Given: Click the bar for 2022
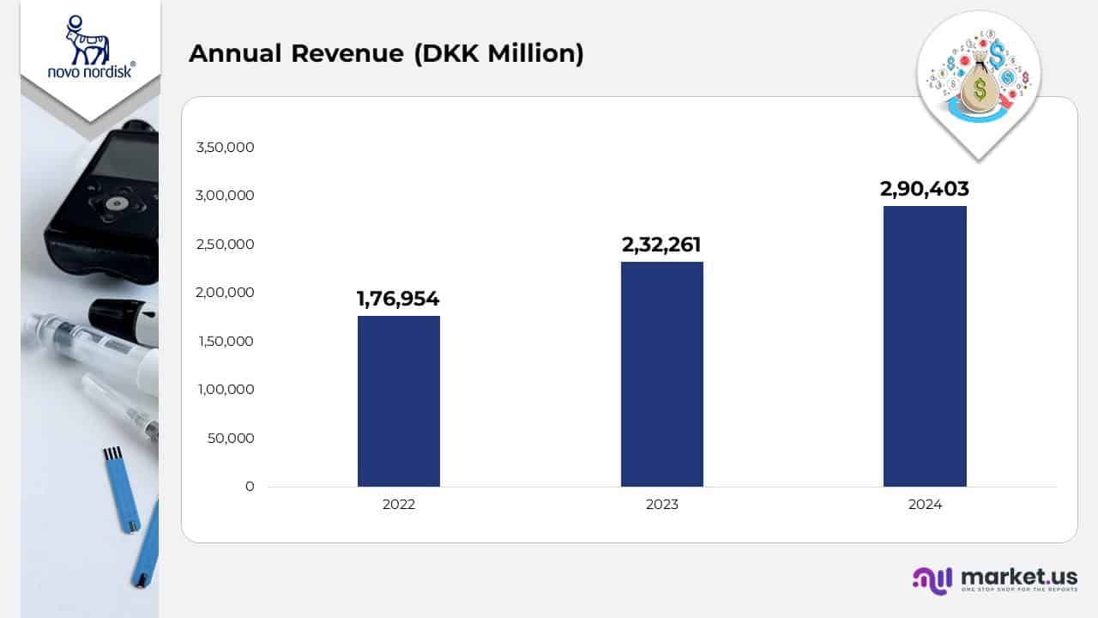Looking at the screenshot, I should tap(398, 401).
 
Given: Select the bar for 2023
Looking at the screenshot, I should tap(661, 374).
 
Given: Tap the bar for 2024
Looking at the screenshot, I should tap(925, 346).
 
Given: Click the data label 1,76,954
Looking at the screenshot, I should tap(398, 299).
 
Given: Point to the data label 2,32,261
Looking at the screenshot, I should tap(661, 245).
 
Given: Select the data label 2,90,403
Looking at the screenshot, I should tap(925, 189).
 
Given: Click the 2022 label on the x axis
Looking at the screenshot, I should tap(398, 505).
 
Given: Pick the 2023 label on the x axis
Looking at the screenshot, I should tap(661, 505).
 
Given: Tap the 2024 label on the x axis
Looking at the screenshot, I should tap(925, 505).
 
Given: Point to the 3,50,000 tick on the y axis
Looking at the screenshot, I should tap(225, 147).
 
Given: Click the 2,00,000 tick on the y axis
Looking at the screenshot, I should tap(225, 293).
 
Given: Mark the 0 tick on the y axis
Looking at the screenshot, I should tap(250, 487).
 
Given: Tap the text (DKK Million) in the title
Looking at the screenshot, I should tap(498, 53).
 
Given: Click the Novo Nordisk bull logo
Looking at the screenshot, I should tap(88, 40).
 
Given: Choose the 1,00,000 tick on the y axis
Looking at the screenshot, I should tap(225, 390).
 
